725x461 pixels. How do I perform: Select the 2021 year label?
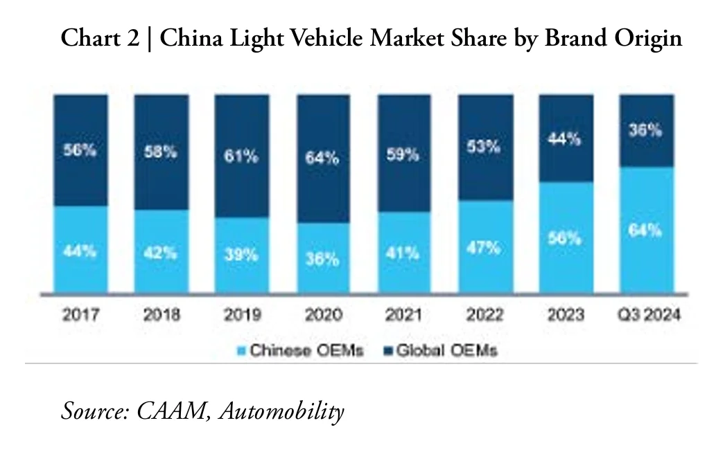403,315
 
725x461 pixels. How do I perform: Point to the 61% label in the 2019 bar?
241,156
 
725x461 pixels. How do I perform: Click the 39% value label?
241,255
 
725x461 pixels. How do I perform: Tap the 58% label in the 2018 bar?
161,152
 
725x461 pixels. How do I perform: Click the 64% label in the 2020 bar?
322,158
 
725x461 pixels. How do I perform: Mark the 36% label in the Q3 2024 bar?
647,130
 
